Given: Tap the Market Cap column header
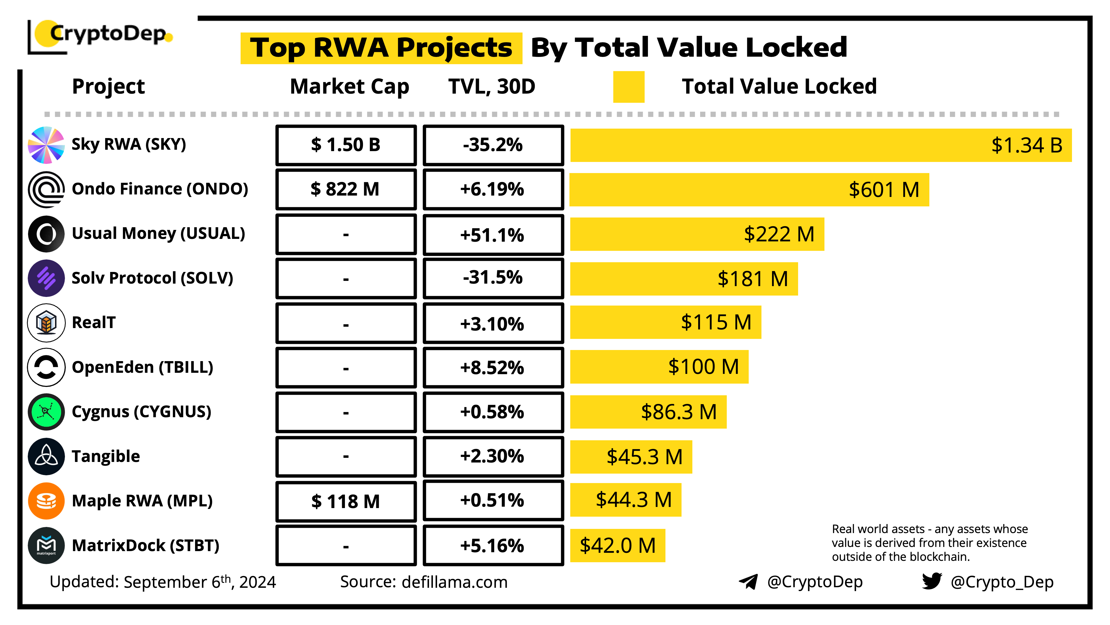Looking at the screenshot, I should (349, 86).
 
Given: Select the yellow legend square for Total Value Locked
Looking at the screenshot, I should (628, 87).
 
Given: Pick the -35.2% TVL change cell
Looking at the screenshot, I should (493, 145).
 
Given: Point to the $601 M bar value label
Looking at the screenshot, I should (883, 190).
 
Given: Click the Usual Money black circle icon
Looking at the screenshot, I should (46, 234).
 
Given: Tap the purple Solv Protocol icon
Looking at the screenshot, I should (46, 278).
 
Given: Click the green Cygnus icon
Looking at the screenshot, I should (46, 411).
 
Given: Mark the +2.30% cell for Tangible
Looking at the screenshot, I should (493, 456).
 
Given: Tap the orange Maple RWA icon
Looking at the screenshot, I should (46, 501).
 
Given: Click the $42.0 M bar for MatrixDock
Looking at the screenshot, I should (617, 546).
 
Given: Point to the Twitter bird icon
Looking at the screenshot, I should (932, 581).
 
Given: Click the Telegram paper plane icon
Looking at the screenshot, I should (748, 581).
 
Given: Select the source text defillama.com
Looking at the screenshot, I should (454, 582).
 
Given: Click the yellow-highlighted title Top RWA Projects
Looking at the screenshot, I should (381, 48).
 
